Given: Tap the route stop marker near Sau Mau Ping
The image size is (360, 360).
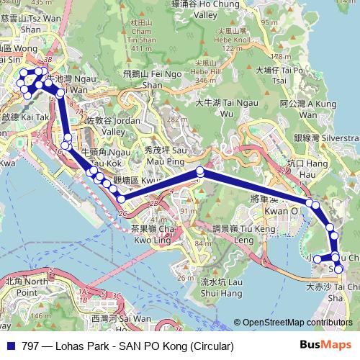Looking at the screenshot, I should pyautogui.click(x=200, y=172).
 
